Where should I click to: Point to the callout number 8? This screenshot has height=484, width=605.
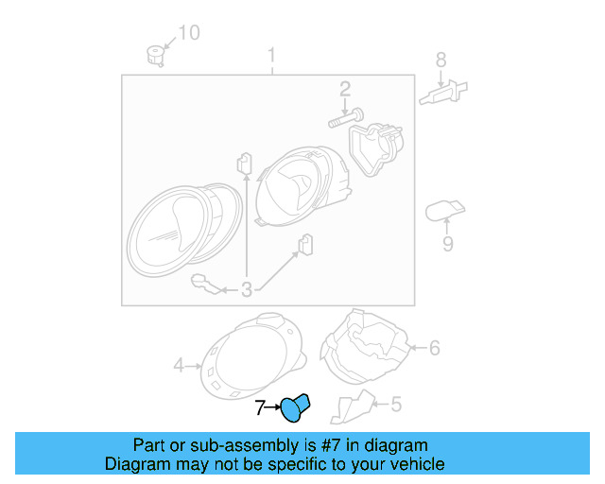[441, 60]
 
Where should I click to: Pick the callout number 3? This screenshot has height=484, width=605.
[246, 290]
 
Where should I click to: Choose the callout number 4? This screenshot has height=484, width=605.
[179, 364]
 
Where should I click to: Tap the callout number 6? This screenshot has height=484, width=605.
[433, 348]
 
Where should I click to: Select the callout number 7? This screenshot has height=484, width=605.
[261, 407]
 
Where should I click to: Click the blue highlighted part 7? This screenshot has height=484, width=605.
[295, 408]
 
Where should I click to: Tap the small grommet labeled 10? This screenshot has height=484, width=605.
[155, 53]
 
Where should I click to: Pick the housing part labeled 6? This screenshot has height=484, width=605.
[367, 347]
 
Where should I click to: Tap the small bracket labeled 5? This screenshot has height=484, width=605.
[350, 406]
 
